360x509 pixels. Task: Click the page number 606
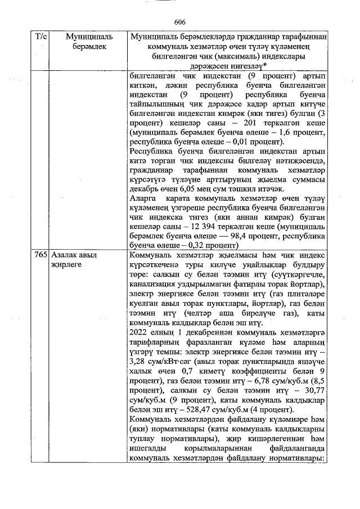pyautogui.click(x=180, y=22)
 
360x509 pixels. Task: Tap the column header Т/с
pyautogui.click(x=41, y=37)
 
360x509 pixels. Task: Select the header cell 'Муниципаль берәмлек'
pyautogui.click(x=89, y=42)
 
